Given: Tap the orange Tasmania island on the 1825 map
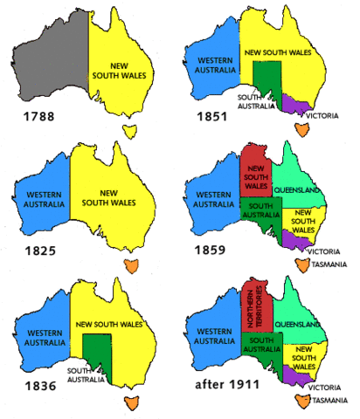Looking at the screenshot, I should pos(132,265).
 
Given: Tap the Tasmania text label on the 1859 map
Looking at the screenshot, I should pos(329,266).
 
